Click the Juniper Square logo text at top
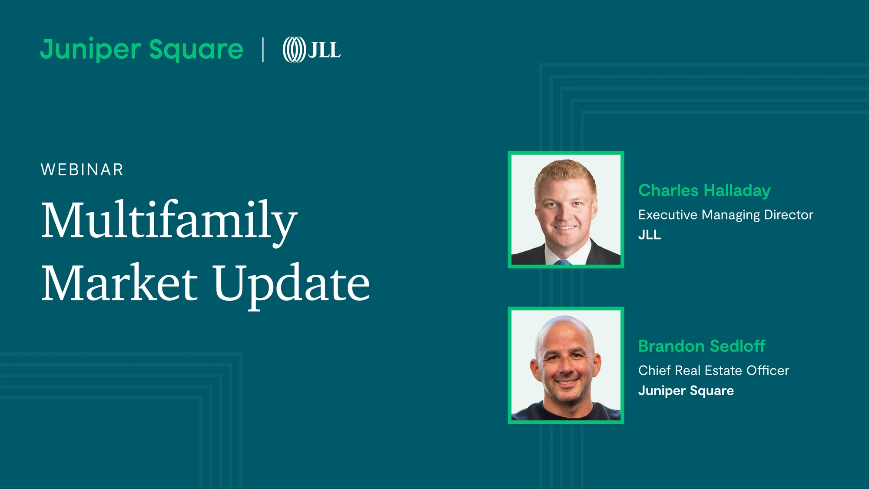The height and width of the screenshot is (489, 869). [x=142, y=50]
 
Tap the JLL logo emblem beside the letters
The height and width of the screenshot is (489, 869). [x=295, y=50]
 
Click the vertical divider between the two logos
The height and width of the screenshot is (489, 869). [x=263, y=50]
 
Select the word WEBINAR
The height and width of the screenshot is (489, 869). [x=82, y=170]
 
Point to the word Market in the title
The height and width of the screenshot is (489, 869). [x=119, y=283]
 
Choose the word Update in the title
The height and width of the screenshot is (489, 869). [x=291, y=286]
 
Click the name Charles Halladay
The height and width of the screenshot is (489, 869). [x=704, y=191]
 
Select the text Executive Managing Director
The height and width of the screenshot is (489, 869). [x=726, y=215]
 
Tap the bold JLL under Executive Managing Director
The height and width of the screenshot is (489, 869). [x=650, y=235]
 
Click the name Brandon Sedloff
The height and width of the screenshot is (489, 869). [x=702, y=346]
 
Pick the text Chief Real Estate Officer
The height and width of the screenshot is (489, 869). [x=713, y=370]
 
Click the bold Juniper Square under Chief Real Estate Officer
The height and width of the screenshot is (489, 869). [x=686, y=391]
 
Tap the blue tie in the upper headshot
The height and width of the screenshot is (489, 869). [x=562, y=262]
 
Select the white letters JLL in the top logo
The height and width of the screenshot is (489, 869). [x=325, y=50]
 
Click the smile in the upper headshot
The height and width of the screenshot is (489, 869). [x=565, y=227]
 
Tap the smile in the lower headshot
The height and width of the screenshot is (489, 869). [x=566, y=383]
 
